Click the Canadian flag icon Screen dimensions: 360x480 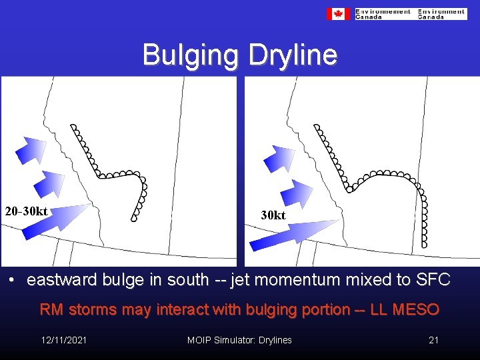coord(338,14)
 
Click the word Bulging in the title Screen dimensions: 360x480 coord(190,55)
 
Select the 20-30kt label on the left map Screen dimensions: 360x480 coord(26,211)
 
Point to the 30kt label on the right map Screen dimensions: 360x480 coord(273,215)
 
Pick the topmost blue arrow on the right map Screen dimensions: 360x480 coord(279,158)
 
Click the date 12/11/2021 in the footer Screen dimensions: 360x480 coord(63,340)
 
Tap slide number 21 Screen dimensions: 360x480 coord(433,340)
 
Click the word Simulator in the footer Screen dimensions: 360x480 coord(233,340)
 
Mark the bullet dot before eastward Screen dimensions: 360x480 coord(13,280)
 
